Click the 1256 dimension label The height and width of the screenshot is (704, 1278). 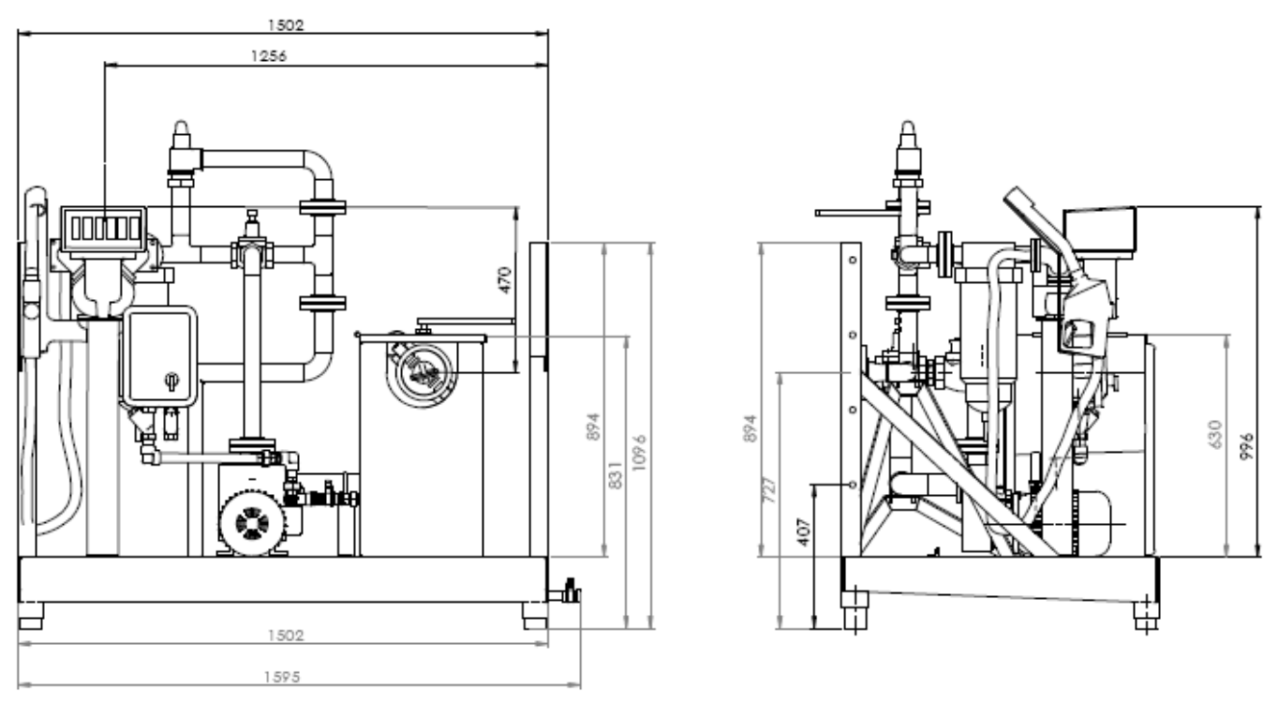click(269, 56)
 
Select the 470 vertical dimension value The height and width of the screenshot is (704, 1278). click(505, 280)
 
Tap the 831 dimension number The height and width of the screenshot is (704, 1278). click(615, 475)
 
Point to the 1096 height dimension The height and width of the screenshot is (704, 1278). click(639, 453)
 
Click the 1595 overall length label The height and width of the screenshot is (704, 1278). click(282, 677)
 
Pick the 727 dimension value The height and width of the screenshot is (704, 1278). click(769, 490)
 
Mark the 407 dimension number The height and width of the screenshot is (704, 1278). click(803, 532)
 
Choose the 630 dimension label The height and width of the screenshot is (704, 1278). click(1215, 435)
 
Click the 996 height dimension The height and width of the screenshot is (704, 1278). click(1247, 446)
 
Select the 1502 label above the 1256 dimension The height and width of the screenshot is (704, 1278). click(286, 25)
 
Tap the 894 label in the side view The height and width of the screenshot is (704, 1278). click(750, 428)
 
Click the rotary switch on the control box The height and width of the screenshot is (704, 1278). click(171, 381)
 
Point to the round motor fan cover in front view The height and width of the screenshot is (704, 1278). click(252, 523)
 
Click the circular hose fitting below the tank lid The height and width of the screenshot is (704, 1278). click(423, 374)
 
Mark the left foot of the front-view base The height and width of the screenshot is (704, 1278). click(31, 616)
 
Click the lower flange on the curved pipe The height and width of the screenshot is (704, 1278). click(322, 303)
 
